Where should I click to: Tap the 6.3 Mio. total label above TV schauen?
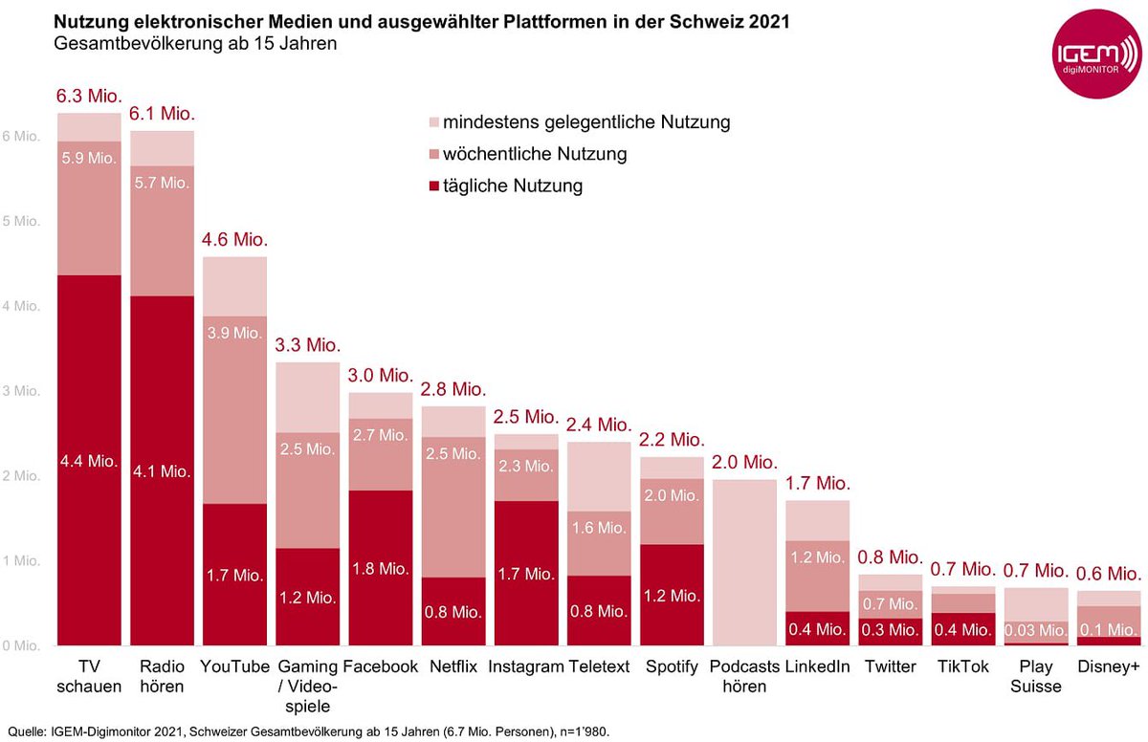click(x=89, y=97)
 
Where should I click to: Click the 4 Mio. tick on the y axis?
click(x=20, y=306)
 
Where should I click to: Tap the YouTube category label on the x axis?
click(x=234, y=666)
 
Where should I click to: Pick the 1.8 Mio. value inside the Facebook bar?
click(x=379, y=568)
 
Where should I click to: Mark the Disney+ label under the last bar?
click(x=1108, y=666)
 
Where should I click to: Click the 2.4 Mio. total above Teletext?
click(x=600, y=424)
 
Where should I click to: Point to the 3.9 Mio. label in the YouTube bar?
click(x=234, y=333)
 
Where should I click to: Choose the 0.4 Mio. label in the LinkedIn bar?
click(x=817, y=629)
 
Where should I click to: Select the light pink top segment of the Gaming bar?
click(x=308, y=397)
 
